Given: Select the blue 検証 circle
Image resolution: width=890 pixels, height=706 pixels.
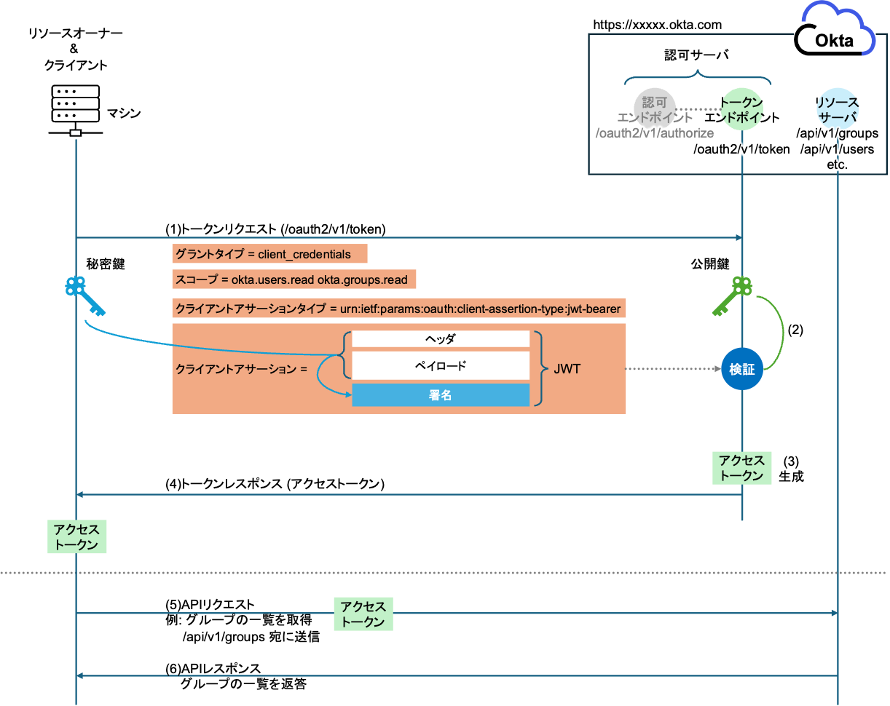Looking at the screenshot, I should click(741, 369).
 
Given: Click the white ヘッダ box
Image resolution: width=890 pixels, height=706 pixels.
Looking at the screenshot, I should click(441, 339).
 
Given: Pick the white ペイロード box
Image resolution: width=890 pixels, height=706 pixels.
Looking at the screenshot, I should click(441, 365).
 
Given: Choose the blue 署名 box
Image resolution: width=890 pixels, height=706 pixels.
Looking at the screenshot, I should click(441, 394).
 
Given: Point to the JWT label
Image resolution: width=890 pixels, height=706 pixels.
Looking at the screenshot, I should click(567, 369).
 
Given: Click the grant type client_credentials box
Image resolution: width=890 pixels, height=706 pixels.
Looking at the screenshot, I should click(269, 254).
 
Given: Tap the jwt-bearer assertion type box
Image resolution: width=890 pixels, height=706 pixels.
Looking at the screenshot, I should click(398, 309).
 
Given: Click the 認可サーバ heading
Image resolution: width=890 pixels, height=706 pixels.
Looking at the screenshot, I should click(696, 55).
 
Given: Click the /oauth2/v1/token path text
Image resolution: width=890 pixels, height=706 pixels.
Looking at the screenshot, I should click(741, 149).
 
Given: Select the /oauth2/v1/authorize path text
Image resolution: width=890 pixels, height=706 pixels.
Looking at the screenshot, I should click(654, 133).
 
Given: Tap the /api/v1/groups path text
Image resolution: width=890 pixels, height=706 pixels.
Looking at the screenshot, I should click(838, 134).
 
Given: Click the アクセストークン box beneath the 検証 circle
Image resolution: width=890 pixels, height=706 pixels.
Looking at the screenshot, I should click(741, 467).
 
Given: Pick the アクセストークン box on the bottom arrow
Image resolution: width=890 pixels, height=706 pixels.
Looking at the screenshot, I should click(363, 614).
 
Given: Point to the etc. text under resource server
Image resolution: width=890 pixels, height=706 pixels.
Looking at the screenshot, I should click(838, 164).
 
